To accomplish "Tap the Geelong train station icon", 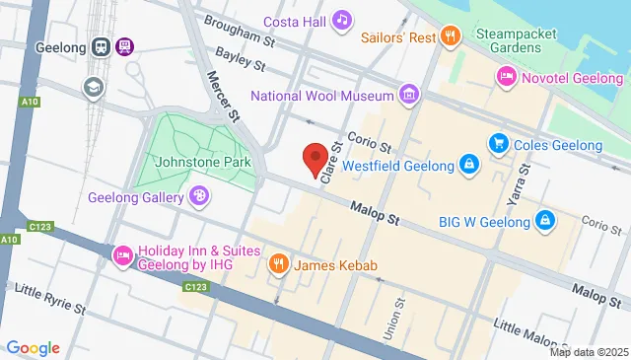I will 102,46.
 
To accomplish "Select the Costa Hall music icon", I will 342,20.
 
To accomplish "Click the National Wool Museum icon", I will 407,96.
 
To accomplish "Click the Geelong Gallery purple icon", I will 200,196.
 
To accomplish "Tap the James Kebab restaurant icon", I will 279,264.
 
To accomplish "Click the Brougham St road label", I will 241,38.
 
